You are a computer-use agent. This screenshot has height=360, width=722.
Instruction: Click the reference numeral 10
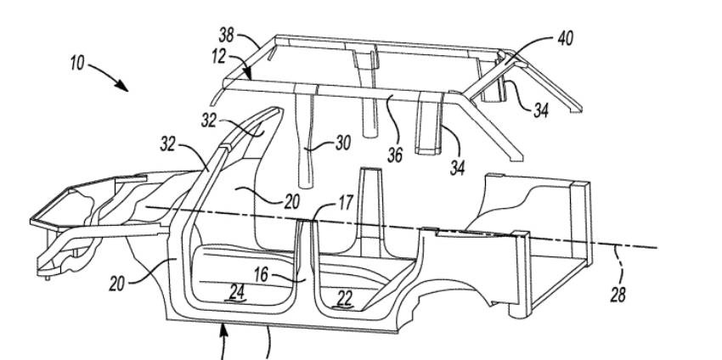click(x=77, y=63)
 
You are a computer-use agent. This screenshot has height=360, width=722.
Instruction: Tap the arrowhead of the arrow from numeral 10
click(x=121, y=86)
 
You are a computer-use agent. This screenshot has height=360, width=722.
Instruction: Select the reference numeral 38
click(x=226, y=36)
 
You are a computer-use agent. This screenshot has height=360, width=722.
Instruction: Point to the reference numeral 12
click(x=219, y=57)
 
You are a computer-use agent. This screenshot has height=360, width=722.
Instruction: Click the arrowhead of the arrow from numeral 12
click(x=248, y=74)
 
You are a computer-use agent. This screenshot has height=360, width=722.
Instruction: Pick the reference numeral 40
click(x=566, y=39)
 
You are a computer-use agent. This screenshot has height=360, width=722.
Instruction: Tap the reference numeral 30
click(x=343, y=143)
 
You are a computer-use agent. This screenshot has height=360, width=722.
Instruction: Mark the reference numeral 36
click(x=395, y=155)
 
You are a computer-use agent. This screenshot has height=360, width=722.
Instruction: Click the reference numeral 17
click(x=346, y=203)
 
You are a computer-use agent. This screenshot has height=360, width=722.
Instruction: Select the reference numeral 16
click(x=261, y=275)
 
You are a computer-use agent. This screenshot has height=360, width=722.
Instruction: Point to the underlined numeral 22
click(x=344, y=299)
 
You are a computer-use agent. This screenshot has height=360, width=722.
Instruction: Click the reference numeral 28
click(x=618, y=295)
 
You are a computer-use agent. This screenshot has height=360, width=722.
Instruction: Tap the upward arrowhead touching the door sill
click(x=223, y=329)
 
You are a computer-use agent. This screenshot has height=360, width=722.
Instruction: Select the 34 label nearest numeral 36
click(x=457, y=168)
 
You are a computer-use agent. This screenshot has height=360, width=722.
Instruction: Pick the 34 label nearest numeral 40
click(x=540, y=110)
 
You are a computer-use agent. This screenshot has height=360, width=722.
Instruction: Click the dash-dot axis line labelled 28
click(x=401, y=228)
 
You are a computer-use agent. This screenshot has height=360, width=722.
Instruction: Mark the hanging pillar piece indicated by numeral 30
click(x=306, y=138)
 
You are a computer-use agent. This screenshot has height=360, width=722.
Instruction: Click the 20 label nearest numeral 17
click(x=291, y=201)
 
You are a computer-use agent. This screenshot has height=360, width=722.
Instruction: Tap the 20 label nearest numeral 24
click(x=116, y=284)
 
